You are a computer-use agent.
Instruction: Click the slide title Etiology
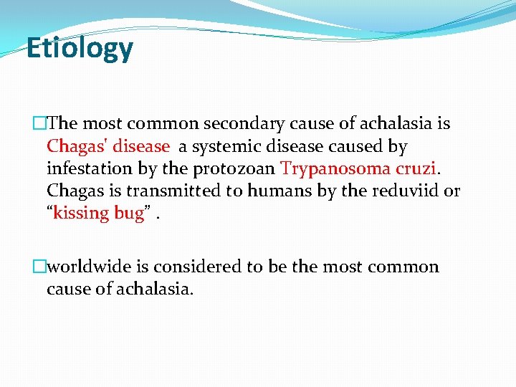[x=80, y=49]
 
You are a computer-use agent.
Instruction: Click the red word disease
[x=140, y=146]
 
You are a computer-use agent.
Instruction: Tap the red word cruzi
[x=411, y=168]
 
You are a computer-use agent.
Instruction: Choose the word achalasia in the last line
[x=161, y=289]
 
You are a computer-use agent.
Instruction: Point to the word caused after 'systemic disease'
[x=358, y=146]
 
